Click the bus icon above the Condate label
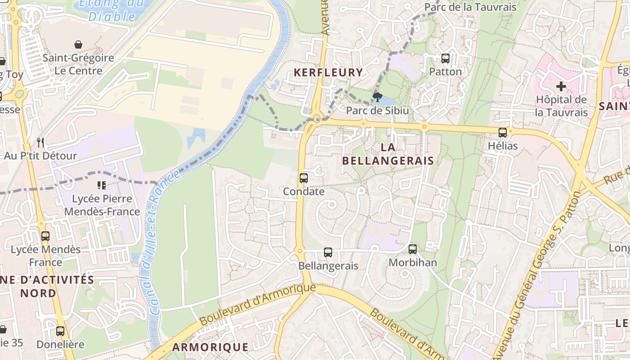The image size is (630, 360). pos(304,178)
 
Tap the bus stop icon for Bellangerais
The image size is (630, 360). pos(328,252)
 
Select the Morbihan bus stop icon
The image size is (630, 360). pos(413,249)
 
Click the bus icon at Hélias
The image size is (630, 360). pos(503,133)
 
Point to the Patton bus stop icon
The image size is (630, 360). pos(445,58)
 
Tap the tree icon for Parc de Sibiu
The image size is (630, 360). pos(378,97)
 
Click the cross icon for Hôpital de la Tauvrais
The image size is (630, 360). pos(561,86)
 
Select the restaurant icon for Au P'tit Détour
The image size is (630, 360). pos(40,143)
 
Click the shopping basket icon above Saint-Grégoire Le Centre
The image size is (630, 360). pos(78,45)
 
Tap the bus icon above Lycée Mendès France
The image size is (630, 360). pos(45,236)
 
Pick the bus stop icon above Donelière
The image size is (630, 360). pos(60,331)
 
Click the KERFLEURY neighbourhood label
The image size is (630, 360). pos(328,72)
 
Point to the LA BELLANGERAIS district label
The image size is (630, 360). pos(388,154)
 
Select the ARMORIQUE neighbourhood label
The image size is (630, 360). pos(210,347)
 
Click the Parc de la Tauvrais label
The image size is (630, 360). pos(470,7)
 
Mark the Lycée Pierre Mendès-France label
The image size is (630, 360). pos(102,205)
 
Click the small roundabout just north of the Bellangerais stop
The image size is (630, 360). pos(299,250)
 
